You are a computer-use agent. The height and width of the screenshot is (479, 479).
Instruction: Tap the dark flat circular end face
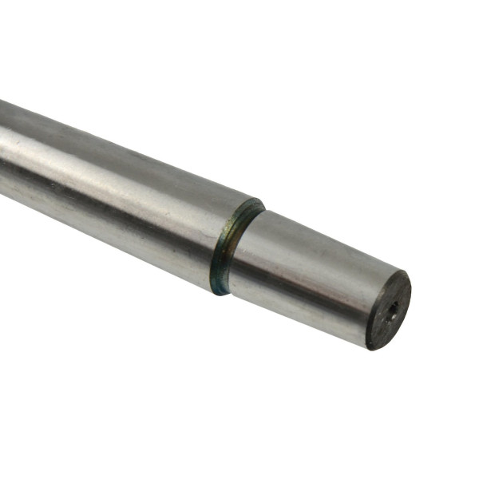pyautogui.click(x=389, y=310)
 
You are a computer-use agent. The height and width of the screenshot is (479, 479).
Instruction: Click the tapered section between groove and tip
pyautogui.click(x=311, y=271)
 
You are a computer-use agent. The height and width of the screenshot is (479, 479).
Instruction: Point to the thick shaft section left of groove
pyautogui.click(x=120, y=192)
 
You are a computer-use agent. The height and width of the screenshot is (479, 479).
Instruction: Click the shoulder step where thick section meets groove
pyautogui.click(x=220, y=247)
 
